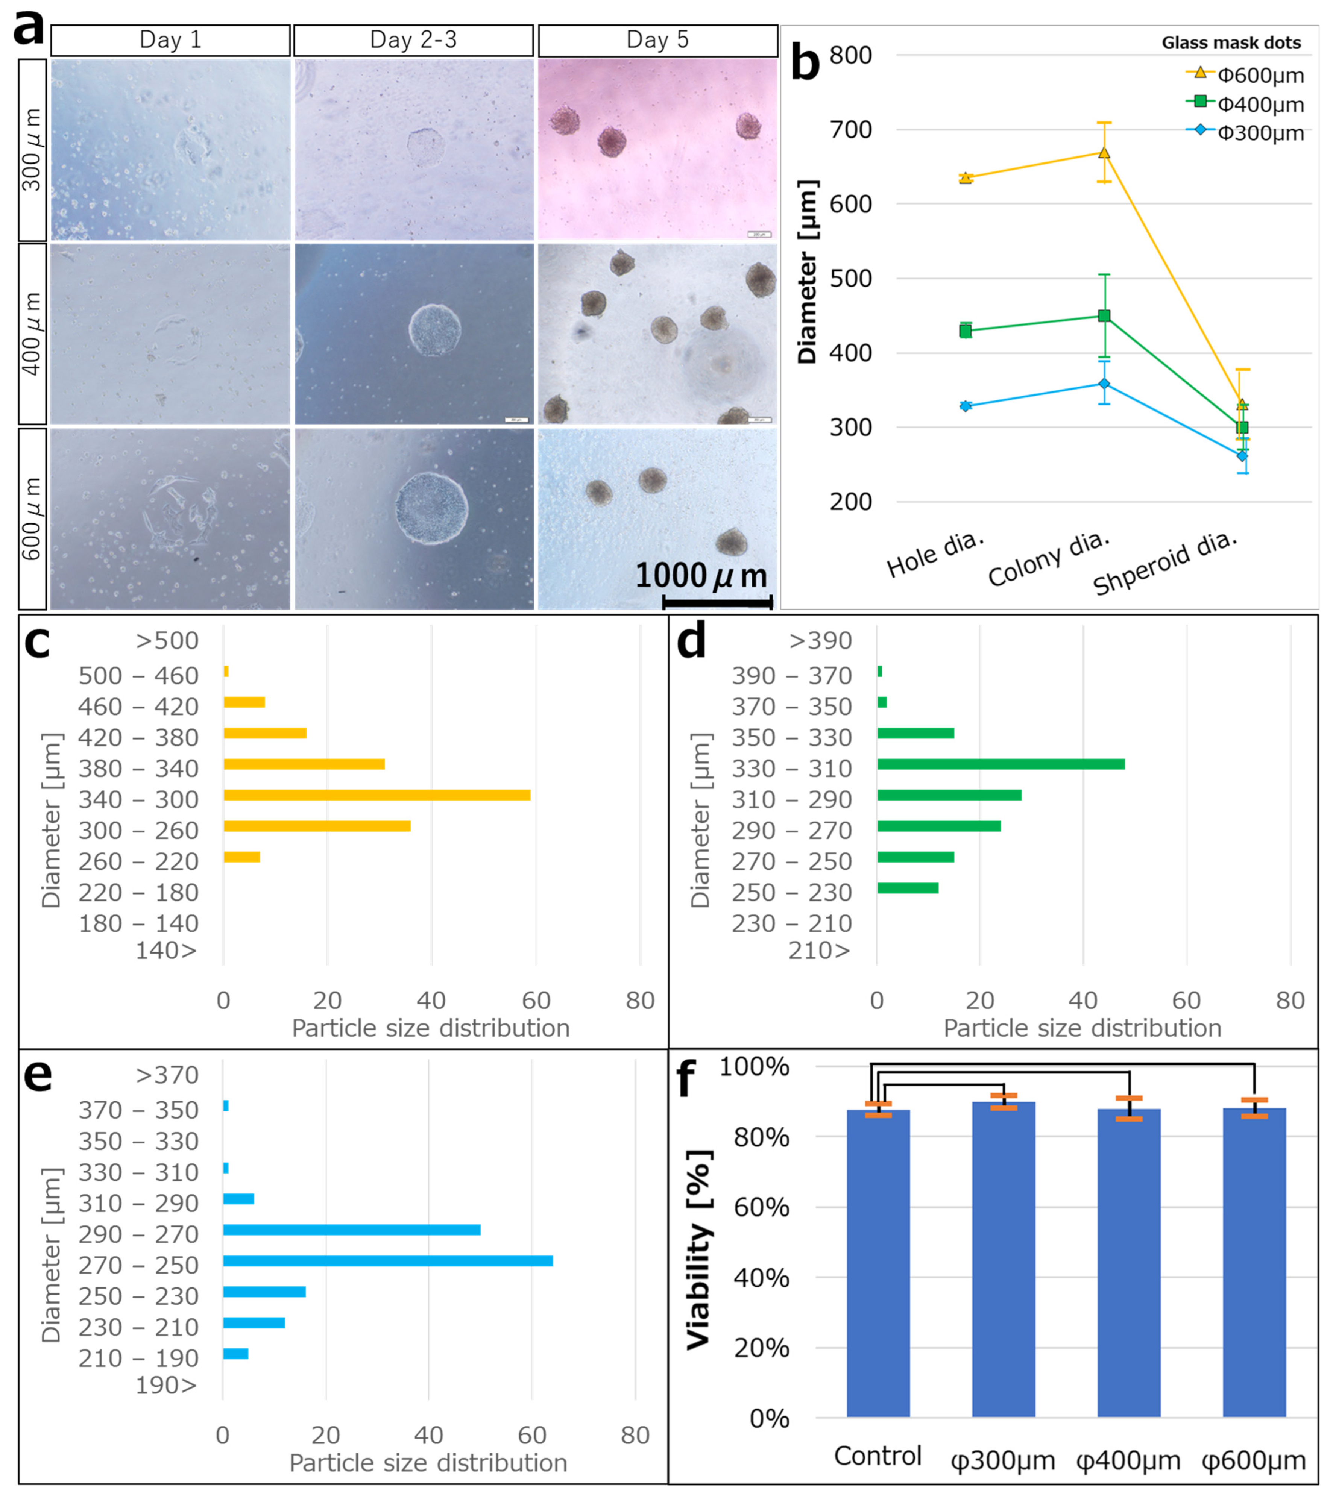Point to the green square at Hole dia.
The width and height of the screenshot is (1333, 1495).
965,331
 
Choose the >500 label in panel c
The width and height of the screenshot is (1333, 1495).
167,641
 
